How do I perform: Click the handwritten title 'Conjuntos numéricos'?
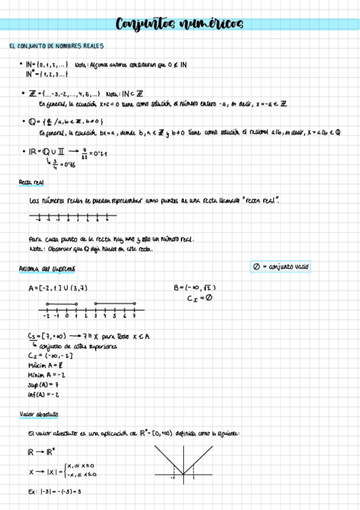click(x=180, y=24)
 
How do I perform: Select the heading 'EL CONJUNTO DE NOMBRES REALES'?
click(x=57, y=46)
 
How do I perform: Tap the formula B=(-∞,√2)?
click(x=195, y=287)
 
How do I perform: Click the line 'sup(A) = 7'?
click(x=44, y=384)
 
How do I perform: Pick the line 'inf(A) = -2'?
click(x=43, y=394)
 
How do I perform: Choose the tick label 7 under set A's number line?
click(x=133, y=316)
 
